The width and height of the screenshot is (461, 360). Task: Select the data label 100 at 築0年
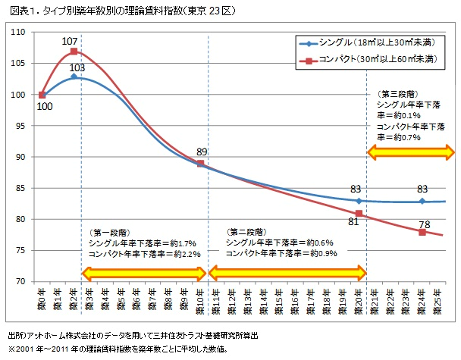[45, 107]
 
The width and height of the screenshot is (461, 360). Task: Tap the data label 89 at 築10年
[201, 152]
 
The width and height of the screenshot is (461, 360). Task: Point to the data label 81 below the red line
[353, 222]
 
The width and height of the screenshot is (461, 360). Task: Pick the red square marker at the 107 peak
[74, 52]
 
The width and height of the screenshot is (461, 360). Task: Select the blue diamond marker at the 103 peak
[74, 77]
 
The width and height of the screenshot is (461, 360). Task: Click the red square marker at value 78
[422, 232]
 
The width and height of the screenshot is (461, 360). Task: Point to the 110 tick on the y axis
[19, 33]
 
